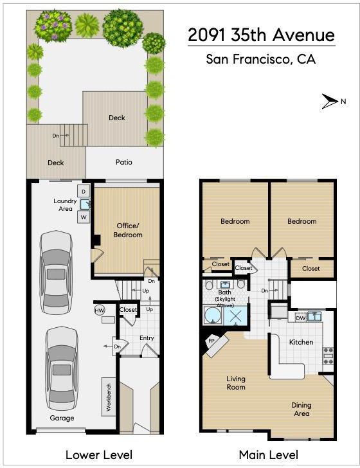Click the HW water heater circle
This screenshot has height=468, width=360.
click(x=100, y=310)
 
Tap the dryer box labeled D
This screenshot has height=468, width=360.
click(x=84, y=192)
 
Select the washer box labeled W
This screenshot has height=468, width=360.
click(x=84, y=217)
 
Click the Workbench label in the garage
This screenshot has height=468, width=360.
click(x=109, y=397)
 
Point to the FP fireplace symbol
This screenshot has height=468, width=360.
click(x=212, y=341)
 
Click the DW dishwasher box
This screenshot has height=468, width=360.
click(x=301, y=318)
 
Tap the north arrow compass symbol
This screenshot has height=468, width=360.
click(x=330, y=102)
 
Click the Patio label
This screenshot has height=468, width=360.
click(x=124, y=162)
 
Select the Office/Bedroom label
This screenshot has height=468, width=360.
click(x=128, y=230)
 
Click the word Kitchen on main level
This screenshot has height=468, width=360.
click(x=301, y=342)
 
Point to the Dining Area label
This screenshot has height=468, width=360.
click(x=301, y=410)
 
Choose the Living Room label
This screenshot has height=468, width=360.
click(x=236, y=383)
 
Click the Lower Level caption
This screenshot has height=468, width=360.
click(x=99, y=455)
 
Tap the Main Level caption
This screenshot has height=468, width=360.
click(x=268, y=455)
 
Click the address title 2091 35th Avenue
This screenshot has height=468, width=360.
click(x=261, y=35)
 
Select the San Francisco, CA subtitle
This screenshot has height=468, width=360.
click(x=260, y=59)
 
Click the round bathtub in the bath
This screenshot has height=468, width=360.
click(x=213, y=315)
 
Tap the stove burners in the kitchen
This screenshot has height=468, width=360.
click(x=328, y=355)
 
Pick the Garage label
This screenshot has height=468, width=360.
click(x=62, y=418)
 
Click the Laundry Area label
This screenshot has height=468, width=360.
click(x=65, y=204)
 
